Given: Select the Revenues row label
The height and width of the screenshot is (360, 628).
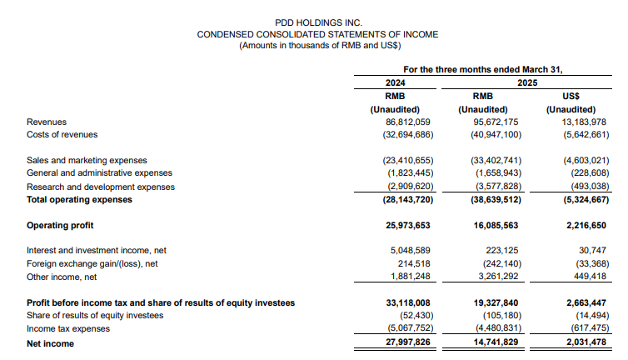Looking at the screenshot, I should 47,122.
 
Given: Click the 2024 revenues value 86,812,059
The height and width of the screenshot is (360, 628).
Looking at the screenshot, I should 401,122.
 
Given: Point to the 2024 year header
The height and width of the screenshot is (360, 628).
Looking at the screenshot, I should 395,83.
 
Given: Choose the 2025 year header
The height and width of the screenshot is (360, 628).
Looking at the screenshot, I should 527,83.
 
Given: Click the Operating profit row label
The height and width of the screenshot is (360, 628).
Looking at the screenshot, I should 60,225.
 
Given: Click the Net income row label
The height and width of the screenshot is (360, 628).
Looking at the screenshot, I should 50,343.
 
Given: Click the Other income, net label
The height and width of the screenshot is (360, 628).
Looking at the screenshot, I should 62,277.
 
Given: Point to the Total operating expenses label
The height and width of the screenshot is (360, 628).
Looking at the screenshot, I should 79,199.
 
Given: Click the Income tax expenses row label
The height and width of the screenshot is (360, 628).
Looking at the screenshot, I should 67,329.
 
